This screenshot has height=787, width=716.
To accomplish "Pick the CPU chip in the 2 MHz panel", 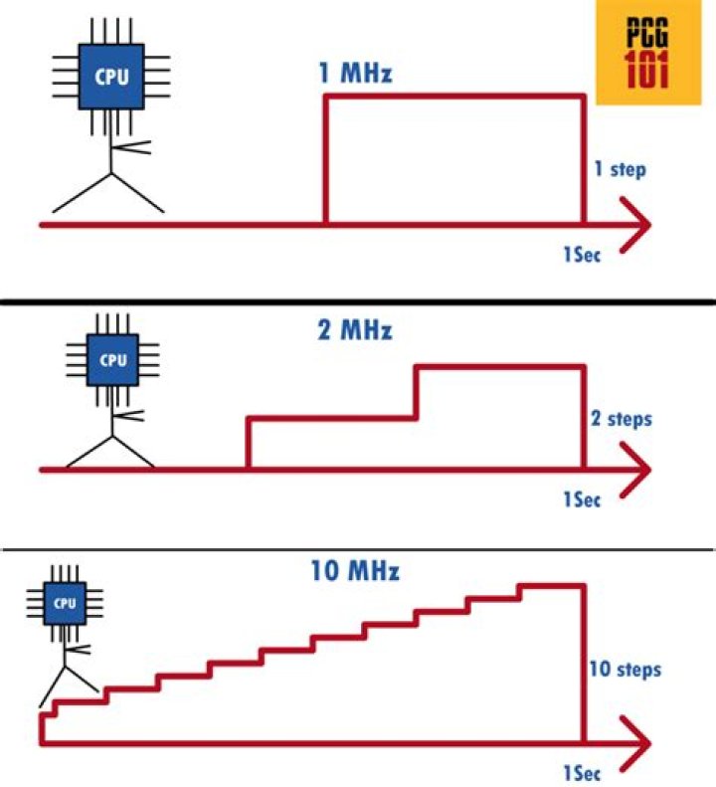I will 113,360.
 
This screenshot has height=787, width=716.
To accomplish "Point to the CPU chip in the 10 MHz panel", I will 65,603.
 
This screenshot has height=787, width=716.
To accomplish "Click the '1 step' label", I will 620,170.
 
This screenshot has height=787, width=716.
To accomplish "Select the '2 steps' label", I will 623,419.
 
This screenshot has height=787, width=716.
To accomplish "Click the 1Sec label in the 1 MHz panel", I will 583,252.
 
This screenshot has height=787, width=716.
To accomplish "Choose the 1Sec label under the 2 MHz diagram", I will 583,499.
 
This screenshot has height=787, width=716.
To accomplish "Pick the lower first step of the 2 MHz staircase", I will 331,419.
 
